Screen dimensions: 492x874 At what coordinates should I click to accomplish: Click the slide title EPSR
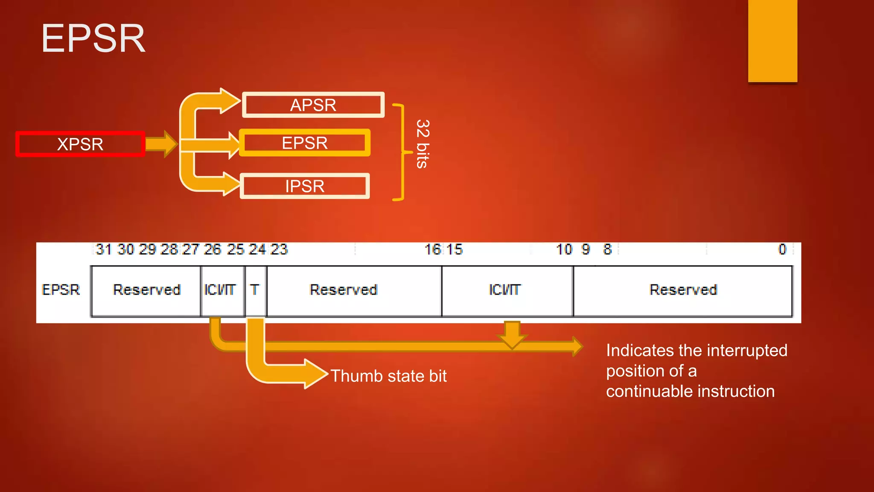(93, 39)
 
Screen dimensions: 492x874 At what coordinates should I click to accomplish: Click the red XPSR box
(80, 144)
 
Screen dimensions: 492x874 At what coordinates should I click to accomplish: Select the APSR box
(313, 105)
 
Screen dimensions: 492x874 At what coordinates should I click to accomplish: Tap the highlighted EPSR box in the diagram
(305, 143)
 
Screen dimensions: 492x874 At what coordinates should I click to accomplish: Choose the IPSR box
(305, 186)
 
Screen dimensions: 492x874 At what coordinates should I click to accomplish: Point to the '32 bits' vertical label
(422, 144)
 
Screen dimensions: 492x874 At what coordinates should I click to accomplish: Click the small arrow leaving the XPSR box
(161, 144)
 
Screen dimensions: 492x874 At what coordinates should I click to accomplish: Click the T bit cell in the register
(255, 290)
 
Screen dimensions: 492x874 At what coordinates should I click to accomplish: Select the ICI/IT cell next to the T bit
(220, 290)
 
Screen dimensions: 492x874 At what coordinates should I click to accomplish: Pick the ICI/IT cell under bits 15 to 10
(505, 290)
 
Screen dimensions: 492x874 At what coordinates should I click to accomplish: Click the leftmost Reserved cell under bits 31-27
(146, 290)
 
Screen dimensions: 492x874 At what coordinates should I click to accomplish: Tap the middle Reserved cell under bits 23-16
(344, 290)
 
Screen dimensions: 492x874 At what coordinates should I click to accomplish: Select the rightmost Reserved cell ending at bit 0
(683, 290)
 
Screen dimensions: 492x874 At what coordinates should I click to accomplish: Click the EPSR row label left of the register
(61, 290)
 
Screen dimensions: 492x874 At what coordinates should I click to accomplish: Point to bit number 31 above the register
(104, 249)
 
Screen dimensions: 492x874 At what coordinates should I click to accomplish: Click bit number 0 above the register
(782, 249)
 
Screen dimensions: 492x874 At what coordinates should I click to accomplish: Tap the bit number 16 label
(433, 249)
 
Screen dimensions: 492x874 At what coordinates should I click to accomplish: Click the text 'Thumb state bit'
(388, 376)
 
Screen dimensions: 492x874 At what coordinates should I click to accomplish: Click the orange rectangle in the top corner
(772, 41)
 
